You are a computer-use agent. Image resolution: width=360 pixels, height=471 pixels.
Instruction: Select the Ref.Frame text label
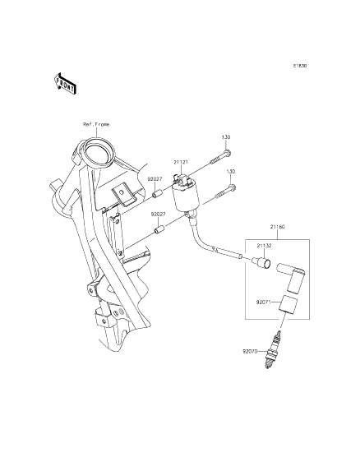tap(95, 123)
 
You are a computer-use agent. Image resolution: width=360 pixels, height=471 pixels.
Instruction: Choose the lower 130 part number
tap(231, 171)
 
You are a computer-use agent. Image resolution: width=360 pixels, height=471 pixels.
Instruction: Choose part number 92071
tap(263, 302)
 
